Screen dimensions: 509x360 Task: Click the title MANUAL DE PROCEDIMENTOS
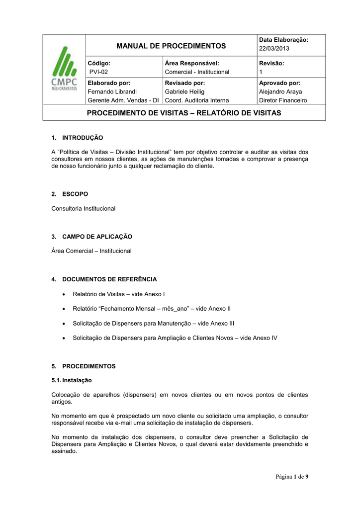(x=171, y=46)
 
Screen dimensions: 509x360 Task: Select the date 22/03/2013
(x=273, y=48)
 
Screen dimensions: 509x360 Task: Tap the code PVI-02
(x=98, y=72)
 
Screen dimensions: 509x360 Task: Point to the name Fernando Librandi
(x=112, y=91)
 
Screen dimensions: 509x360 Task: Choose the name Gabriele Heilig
(x=184, y=91)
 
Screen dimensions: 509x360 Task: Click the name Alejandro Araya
(x=280, y=91)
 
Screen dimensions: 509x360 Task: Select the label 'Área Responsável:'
(x=192, y=63)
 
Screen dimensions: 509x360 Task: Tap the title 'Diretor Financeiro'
(x=283, y=100)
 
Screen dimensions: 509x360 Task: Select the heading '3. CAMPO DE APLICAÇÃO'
(x=92, y=236)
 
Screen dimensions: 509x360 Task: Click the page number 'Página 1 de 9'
(x=291, y=477)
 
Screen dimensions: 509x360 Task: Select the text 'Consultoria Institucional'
(x=84, y=208)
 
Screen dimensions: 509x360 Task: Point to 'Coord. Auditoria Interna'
(x=196, y=100)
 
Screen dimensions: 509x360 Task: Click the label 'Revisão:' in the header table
(x=271, y=63)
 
